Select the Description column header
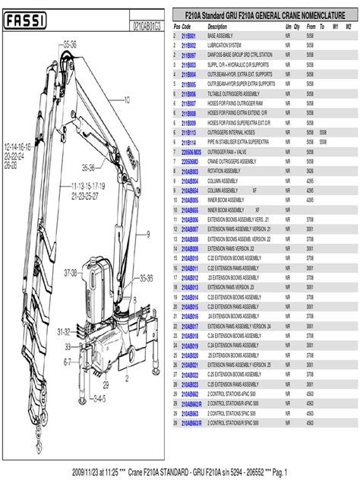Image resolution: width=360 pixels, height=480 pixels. pos(217,27)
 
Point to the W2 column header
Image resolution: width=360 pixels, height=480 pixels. pos(349,27)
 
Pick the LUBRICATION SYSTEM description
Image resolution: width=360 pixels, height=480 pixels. pos(225,46)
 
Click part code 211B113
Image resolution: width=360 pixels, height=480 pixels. pos(189,132)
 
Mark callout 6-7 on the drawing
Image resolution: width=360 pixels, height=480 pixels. pos(68,362)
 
